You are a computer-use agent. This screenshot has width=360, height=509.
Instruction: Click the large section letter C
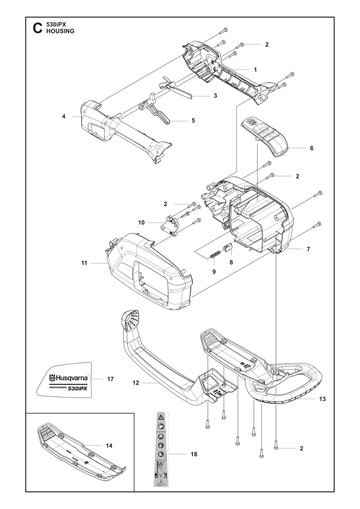(37, 28)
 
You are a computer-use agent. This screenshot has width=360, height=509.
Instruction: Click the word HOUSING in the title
(60, 31)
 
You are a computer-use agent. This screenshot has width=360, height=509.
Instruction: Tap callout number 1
(255, 70)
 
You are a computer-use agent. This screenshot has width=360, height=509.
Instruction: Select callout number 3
(215, 96)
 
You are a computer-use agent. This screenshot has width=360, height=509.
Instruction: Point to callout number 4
(64, 116)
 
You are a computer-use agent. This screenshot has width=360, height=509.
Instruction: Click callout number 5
(193, 121)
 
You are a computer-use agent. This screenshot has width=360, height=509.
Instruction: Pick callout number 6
(312, 148)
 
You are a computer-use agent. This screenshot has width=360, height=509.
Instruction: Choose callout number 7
(308, 249)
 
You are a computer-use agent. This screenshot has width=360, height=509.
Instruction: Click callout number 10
(141, 222)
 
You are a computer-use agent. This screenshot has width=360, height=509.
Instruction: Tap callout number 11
(84, 263)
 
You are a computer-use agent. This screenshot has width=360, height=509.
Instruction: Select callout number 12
(136, 383)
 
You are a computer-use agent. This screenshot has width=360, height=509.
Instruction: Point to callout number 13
(322, 399)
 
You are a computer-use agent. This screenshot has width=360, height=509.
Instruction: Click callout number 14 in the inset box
(109, 446)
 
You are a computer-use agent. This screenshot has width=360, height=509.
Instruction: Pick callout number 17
(110, 379)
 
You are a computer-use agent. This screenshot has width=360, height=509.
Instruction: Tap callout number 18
(194, 454)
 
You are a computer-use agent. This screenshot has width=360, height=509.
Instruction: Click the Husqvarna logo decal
(65, 379)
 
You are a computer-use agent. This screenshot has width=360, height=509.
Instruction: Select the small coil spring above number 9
(215, 257)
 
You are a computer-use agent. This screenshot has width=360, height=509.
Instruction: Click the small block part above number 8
(228, 248)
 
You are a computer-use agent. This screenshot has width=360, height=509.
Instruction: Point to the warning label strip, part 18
(161, 447)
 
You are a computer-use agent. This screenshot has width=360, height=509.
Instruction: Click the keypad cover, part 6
(264, 136)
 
